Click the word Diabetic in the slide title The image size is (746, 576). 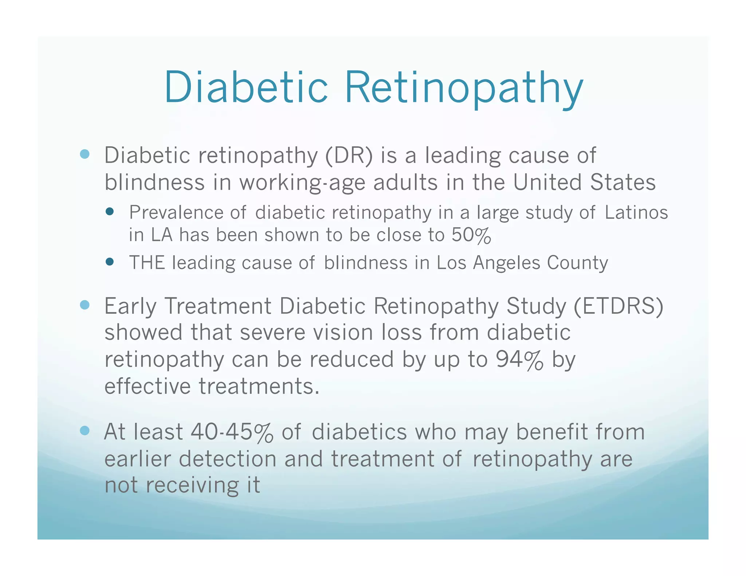(x=246, y=87)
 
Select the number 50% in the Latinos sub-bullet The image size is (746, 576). (x=471, y=235)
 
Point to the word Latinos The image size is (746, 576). (x=636, y=213)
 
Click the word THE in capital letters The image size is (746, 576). (x=147, y=263)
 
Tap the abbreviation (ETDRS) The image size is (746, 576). (x=619, y=306)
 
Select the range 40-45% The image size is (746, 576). (x=232, y=433)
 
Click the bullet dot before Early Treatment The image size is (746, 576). (x=85, y=305)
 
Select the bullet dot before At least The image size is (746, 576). (x=85, y=431)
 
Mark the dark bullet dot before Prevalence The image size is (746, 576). (x=109, y=212)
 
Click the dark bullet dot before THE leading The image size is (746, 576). (x=109, y=261)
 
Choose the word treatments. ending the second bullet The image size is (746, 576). (x=259, y=386)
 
